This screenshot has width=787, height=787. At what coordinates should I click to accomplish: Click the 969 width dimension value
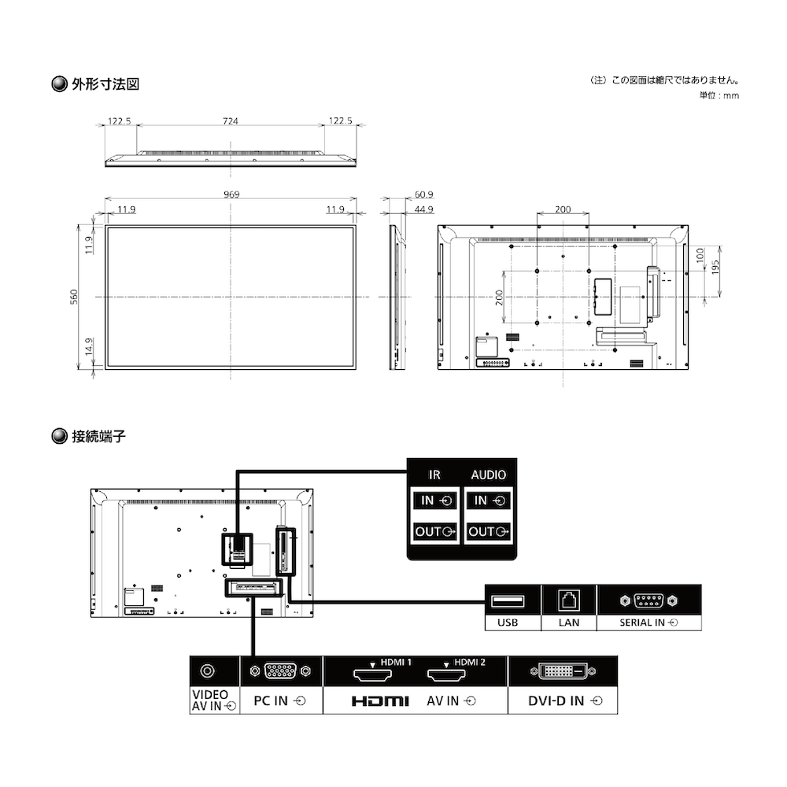point(231,194)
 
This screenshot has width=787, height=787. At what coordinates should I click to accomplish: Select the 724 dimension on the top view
point(231,121)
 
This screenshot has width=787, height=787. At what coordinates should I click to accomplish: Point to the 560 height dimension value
point(74,297)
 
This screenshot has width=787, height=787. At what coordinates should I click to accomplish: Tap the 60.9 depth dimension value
point(424,194)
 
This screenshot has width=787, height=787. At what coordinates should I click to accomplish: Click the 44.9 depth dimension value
point(424,209)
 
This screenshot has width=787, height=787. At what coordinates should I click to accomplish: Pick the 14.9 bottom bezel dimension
point(89,347)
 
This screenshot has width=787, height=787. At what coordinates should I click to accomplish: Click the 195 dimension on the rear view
point(715,267)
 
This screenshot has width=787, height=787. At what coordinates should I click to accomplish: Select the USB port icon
point(508,600)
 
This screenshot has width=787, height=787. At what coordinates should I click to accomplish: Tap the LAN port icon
point(569,600)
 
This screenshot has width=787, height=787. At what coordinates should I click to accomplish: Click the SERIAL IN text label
point(642,623)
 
